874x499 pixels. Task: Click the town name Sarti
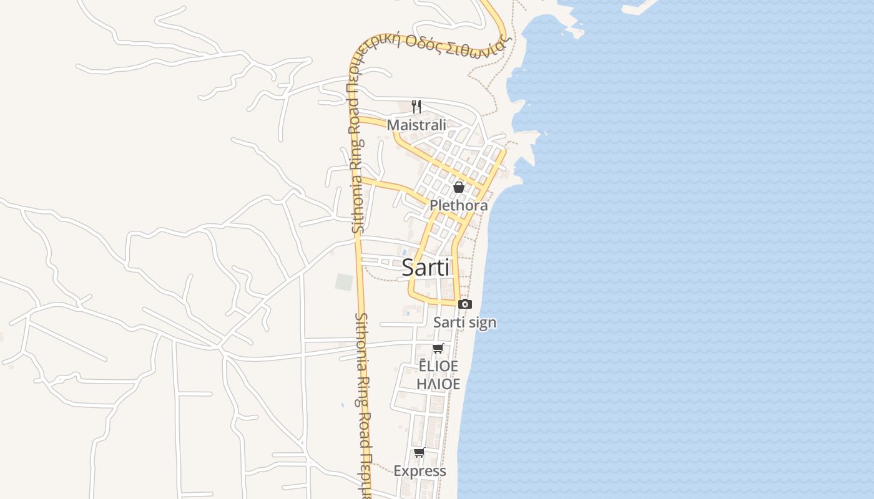point(425,268)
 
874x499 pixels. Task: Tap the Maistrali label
point(416,125)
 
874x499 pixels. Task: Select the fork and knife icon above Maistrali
point(416,107)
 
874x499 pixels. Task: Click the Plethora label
point(458,205)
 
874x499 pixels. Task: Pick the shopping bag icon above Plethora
point(459,187)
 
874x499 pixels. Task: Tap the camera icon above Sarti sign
point(464,304)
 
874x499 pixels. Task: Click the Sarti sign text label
point(464,322)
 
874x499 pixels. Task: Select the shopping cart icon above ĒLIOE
point(438,349)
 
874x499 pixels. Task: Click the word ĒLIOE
point(438,366)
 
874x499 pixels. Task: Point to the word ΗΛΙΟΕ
point(438,384)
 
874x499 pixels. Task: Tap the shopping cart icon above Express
point(419,453)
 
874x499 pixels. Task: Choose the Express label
point(420,471)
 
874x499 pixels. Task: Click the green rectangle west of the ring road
point(344,282)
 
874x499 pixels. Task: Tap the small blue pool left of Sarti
point(405,252)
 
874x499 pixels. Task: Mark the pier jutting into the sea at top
point(637,7)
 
